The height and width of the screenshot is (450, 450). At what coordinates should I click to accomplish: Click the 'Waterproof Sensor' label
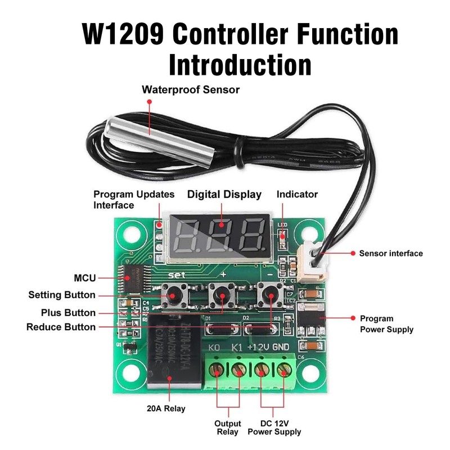point(191,89)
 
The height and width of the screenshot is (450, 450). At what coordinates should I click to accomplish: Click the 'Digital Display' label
point(224,195)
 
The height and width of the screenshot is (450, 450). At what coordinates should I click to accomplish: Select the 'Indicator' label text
point(297,195)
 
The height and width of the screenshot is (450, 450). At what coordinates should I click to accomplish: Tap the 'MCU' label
point(85,278)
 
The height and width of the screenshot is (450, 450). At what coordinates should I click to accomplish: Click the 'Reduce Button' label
point(61,327)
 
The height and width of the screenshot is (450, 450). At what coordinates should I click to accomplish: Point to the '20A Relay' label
point(165,409)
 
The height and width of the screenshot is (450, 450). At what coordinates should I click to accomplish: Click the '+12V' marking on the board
point(258,347)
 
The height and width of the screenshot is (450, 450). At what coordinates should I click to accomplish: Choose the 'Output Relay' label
point(228,427)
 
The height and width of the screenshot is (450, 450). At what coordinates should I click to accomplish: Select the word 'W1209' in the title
point(123,35)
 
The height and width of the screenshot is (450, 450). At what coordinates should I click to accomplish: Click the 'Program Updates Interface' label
point(134,200)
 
